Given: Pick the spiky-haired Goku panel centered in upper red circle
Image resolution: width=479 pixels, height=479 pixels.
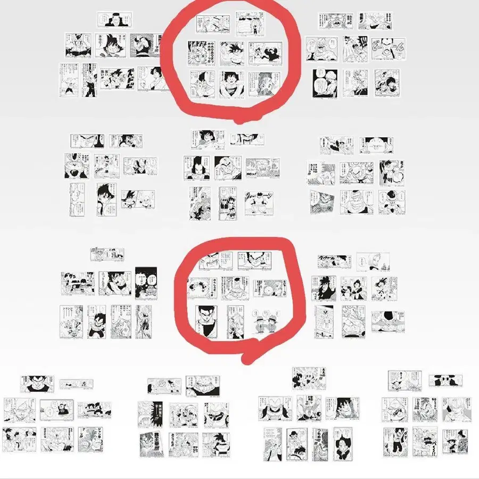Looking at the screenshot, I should click(x=233, y=53).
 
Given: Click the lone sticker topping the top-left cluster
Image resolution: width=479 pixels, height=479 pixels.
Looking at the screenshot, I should click(x=114, y=20).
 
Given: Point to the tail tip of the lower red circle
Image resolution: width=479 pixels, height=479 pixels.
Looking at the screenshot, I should click(x=246, y=360).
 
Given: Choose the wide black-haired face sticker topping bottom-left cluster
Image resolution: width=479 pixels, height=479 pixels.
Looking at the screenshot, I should click(x=37, y=383).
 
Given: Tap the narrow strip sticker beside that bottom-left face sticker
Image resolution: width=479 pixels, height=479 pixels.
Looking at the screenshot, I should click(x=76, y=383).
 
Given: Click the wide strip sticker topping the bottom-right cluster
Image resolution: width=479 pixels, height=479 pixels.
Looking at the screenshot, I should click(x=445, y=381).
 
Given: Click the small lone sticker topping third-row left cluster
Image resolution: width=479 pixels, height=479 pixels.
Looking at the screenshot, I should click(x=107, y=254).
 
